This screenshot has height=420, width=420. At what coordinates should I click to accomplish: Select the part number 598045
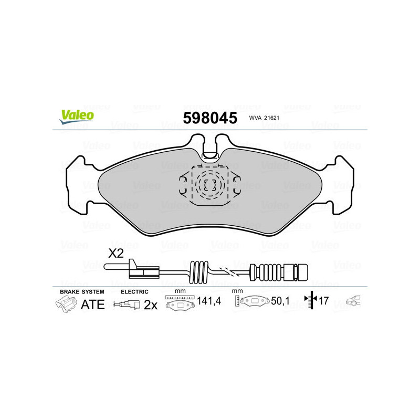click(x=209, y=118)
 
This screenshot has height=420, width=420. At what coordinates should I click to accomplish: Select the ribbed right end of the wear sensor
click(x=301, y=271)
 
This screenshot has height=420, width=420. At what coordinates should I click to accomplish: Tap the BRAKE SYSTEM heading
click(x=81, y=291)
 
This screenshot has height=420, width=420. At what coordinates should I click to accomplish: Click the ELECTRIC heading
click(x=134, y=291)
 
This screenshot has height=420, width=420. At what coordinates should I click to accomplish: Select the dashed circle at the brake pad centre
click(x=209, y=184)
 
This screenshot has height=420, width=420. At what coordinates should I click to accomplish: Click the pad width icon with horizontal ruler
click(x=179, y=303)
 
